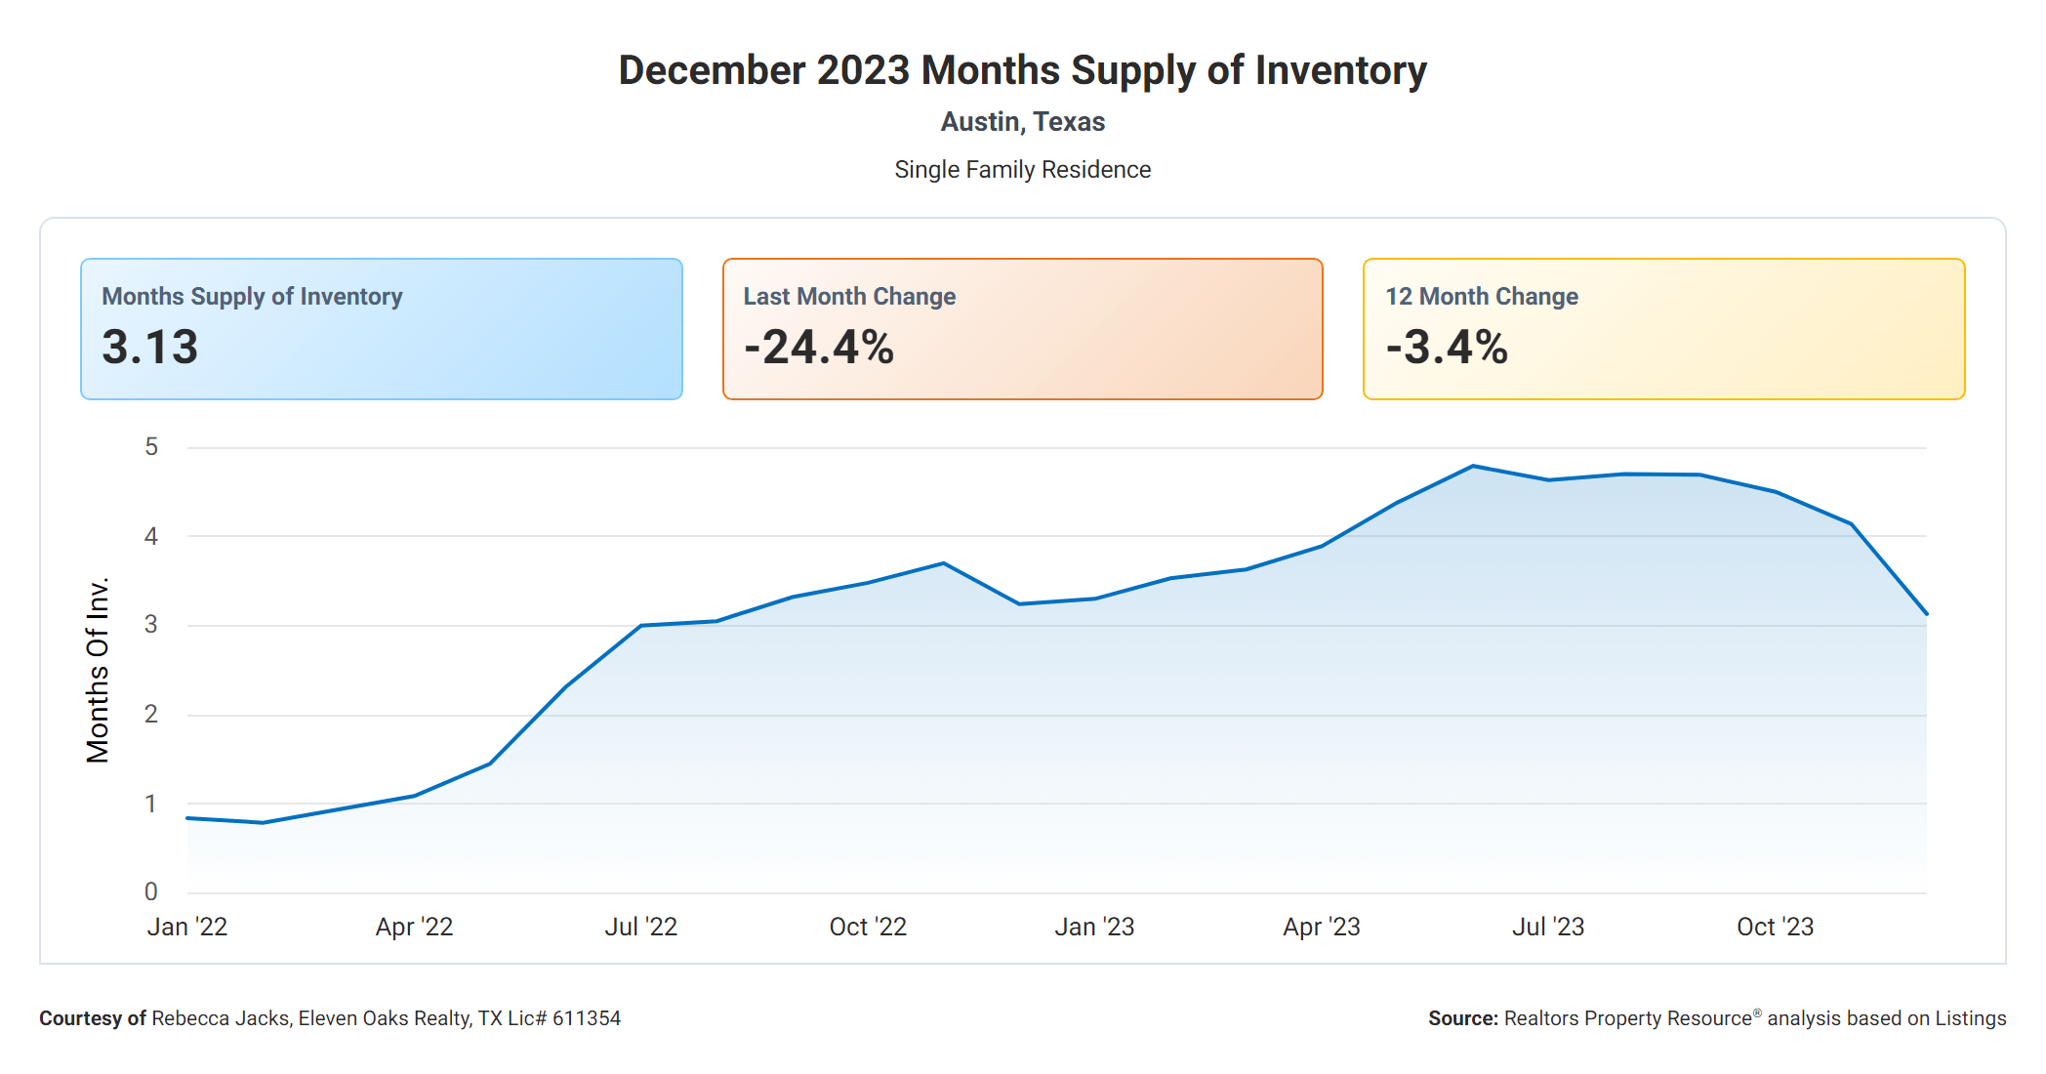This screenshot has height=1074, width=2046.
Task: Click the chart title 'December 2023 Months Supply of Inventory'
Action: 1022,70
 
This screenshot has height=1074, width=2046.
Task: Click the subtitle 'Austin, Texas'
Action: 1022,122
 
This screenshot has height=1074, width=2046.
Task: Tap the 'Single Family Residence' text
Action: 1022,170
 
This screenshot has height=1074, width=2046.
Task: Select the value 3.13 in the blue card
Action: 150,348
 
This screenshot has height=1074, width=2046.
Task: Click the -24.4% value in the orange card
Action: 818,348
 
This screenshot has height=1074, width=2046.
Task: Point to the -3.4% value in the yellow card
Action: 1447,348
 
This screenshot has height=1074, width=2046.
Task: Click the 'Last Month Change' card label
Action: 849,297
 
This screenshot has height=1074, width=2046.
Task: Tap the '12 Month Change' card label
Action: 1481,297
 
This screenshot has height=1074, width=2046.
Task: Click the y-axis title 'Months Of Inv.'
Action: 98,670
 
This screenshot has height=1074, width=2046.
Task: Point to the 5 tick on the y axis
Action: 151,447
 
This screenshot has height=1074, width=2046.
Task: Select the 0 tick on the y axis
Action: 151,891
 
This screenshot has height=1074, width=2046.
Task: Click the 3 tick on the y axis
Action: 151,625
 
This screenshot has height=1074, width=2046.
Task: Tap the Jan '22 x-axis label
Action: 187,927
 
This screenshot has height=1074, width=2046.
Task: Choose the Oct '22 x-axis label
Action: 868,927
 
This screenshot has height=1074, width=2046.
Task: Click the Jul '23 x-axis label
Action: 1548,927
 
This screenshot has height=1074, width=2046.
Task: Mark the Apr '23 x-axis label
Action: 1322,927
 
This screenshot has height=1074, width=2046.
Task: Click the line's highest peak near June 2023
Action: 1473,467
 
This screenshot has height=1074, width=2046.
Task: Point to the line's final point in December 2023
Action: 1926,614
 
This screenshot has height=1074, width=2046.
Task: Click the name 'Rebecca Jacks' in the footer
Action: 221,1018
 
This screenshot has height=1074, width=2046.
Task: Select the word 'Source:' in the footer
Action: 1462,1018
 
